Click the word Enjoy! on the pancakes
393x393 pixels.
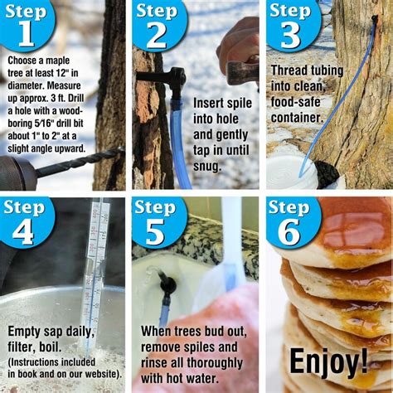click(x=328, y=361)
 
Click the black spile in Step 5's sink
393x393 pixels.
click(x=167, y=286)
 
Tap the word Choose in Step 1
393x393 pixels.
click(x=25, y=62)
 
